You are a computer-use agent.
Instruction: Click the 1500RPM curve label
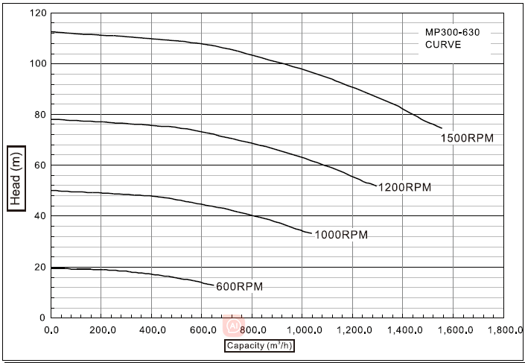coord(467,138)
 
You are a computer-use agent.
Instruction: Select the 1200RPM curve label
coord(404,187)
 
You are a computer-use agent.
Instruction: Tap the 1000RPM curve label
coord(341,235)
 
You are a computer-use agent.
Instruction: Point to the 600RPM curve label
coord(239,285)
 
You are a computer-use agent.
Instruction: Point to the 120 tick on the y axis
coord(37,13)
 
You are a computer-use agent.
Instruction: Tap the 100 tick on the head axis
coord(37,64)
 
